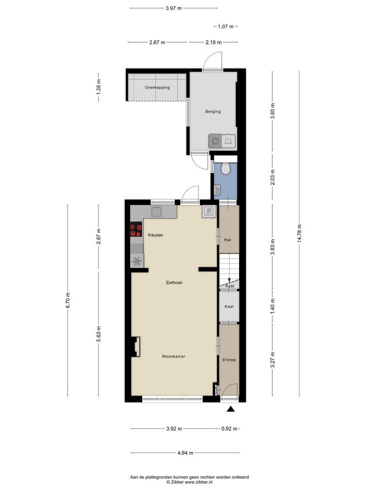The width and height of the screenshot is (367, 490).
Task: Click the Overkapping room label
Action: pyautogui.click(x=157, y=88)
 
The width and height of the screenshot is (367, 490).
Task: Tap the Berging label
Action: pyautogui.click(x=213, y=112)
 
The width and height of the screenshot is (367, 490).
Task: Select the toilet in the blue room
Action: pyautogui.click(x=225, y=168)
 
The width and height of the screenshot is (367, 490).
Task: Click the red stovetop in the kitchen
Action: pyautogui.click(x=136, y=230)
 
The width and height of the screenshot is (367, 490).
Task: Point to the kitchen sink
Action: pyautogui.click(x=156, y=211)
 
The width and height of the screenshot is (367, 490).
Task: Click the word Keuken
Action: pyautogui.click(x=155, y=235)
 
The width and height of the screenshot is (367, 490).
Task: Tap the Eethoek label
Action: pyautogui.click(x=174, y=283)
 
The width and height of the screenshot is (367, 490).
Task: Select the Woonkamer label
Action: pyautogui.click(x=174, y=356)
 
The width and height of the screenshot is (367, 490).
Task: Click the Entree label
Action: pyautogui.click(x=229, y=360)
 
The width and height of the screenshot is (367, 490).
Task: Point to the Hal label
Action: pyautogui.click(x=227, y=240)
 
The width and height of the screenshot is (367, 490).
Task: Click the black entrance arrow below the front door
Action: pyautogui.click(x=231, y=409)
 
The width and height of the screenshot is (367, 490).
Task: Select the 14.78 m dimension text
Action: pyautogui.click(x=299, y=233)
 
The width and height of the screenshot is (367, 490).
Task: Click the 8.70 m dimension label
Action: pyautogui.click(x=68, y=300)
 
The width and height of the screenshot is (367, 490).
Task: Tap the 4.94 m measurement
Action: pyautogui.click(x=185, y=452)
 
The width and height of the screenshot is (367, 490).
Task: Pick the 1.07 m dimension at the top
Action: pyautogui.click(x=226, y=27)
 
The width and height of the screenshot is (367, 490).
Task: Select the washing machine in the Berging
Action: pyautogui.click(x=215, y=141)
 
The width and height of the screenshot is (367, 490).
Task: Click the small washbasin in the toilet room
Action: pyautogui.click(x=217, y=189)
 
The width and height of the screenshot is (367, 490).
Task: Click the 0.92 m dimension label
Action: pyautogui.click(x=229, y=429)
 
